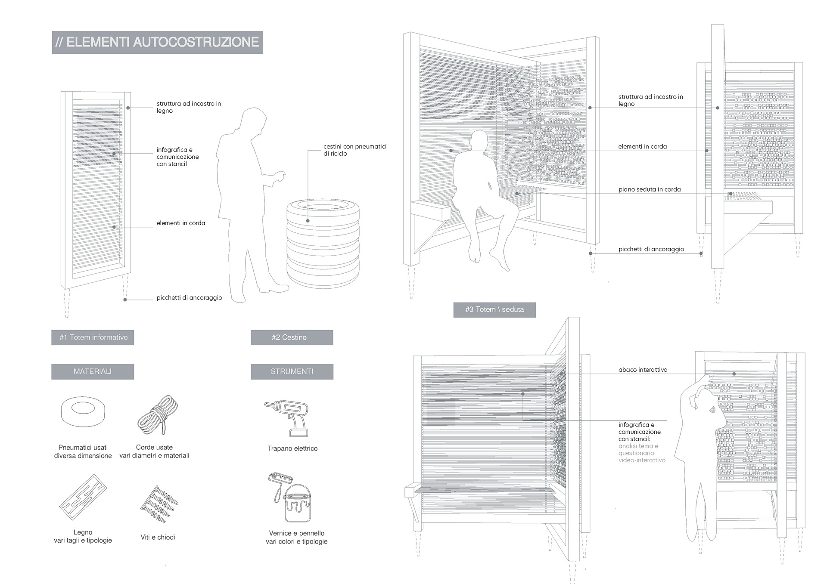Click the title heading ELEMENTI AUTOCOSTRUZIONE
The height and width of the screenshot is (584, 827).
click(157, 42)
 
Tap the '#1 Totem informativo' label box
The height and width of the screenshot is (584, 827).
click(93, 337)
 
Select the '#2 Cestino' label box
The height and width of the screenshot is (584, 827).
click(292, 337)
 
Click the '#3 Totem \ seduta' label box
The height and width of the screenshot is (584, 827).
click(494, 309)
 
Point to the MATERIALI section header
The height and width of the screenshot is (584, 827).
click(93, 371)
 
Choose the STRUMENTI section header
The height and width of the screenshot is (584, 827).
click(292, 371)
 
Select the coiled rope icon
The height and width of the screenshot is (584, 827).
click(158, 415)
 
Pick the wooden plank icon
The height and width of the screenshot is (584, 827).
click(83, 497)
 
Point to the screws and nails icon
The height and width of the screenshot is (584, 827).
click(158, 504)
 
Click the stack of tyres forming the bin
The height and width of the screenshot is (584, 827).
click(323, 243)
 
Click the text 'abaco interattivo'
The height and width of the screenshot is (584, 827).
click(643, 370)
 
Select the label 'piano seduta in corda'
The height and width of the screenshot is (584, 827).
click(649, 189)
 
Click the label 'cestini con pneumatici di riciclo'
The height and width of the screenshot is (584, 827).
click(354, 150)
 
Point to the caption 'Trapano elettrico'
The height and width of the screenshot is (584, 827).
click(292, 448)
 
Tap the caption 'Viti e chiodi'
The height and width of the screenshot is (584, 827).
click(158, 537)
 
